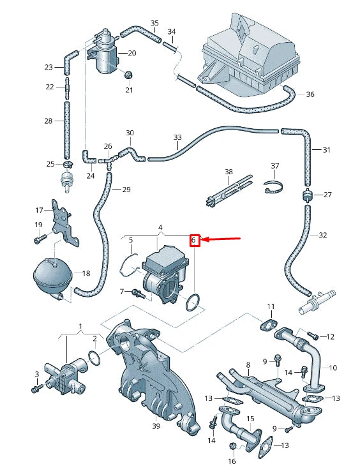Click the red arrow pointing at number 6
[x=222, y=240]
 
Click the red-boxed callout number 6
[x=194, y=241]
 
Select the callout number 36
[x=310, y=94]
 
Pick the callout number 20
[x=132, y=53]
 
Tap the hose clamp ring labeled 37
[x=274, y=188]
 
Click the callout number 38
[x=229, y=172]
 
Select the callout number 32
[x=323, y=235]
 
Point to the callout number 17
[x=38, y=210]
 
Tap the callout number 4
[x=160, y=227]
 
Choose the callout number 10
[x=333, y=368]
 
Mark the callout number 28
[x=49, y=121]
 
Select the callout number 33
[x=177, y=138]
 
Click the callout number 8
[x=248, y=365]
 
